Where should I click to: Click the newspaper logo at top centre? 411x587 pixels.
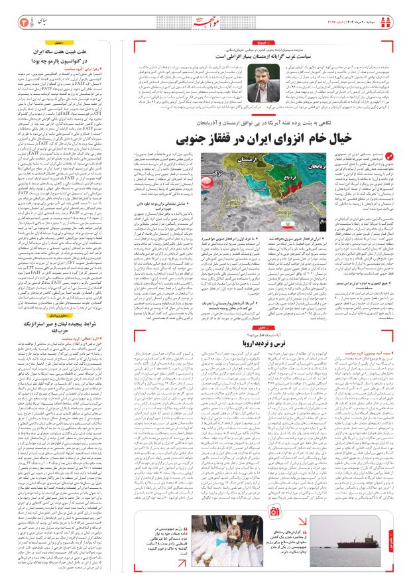(x=205, y=18)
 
